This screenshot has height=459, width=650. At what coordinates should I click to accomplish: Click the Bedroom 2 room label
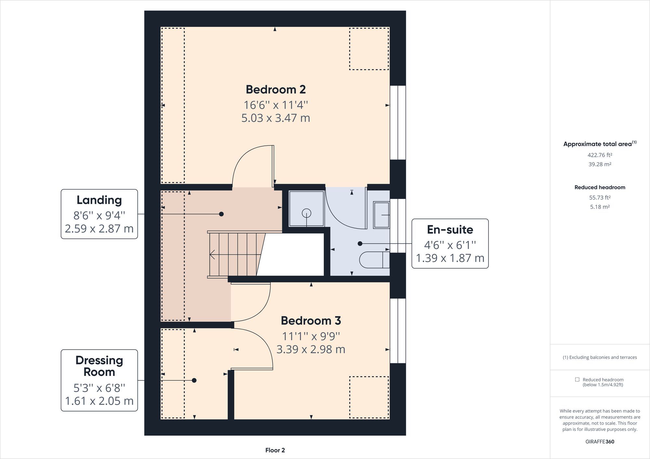[276, 89]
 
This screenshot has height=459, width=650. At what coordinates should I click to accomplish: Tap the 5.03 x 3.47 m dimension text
[276, 118]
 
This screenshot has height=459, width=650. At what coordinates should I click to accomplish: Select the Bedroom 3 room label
[311, 320]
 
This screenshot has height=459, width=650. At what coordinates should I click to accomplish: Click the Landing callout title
[99, 200]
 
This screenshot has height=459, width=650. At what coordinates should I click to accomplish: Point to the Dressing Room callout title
[99, 366]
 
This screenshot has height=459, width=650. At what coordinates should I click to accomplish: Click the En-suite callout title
[450, 229]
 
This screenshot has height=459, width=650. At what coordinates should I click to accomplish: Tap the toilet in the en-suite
[374, 260]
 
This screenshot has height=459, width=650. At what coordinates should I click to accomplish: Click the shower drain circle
[306, 213]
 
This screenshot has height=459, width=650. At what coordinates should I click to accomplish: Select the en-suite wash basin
[381, 215]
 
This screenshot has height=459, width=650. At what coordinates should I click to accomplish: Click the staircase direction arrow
[213, 254]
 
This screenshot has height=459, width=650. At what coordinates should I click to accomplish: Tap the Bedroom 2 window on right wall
[398, 123]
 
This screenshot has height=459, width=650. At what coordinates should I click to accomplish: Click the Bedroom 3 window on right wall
[398, 330]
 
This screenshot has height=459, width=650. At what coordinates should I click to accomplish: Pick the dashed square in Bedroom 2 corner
[369, 49]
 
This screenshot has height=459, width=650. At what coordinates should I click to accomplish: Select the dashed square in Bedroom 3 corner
[369, 397]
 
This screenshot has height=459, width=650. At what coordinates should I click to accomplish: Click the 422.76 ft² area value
[600, 155]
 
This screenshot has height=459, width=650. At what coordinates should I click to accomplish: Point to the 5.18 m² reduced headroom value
[600, 207]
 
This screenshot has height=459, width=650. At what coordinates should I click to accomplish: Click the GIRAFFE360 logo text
[600, 441]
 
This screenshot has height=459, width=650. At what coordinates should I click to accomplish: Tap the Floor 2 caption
[275, 450]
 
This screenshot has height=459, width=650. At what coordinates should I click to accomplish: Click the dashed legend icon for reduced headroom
[577, 379]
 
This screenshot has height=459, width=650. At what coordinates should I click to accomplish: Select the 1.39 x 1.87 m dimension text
[450, 258]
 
